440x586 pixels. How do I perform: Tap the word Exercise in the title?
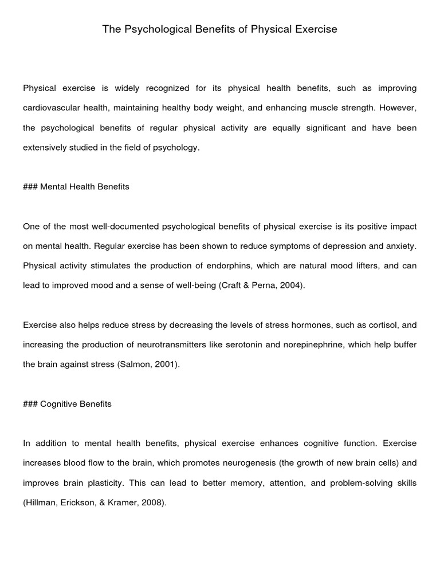315,29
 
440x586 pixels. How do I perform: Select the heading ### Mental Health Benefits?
76,187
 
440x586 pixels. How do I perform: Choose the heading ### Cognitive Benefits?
67,404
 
